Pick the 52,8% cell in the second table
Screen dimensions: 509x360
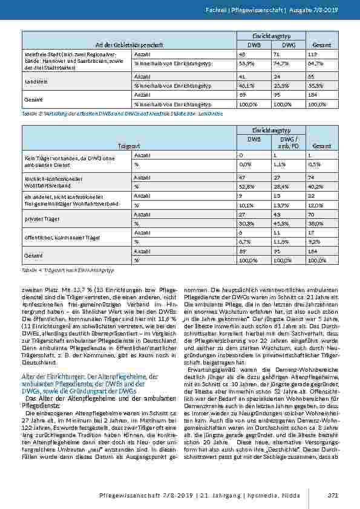pos(245,187)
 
